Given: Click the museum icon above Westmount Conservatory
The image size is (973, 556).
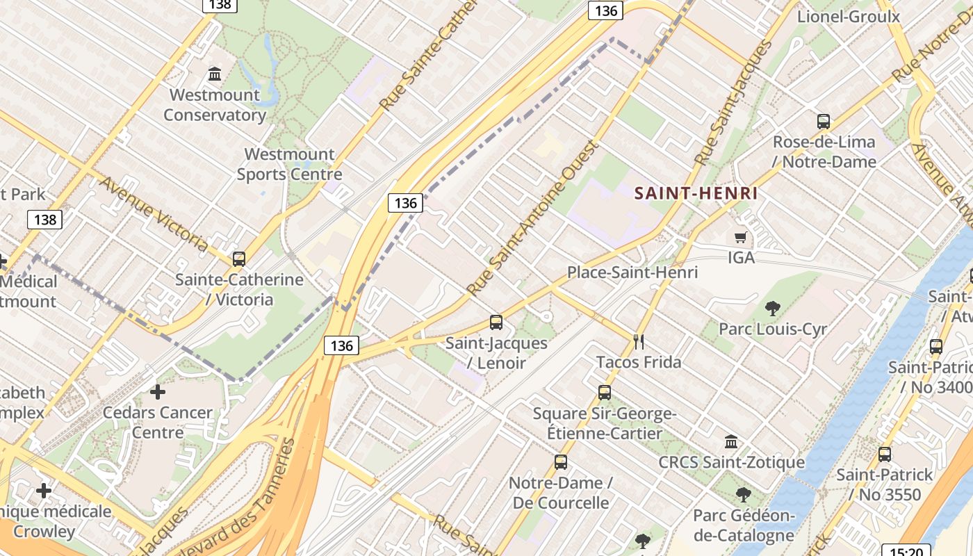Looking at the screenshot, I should point(215,73).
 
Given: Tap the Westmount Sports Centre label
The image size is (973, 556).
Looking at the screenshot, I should point(289,164).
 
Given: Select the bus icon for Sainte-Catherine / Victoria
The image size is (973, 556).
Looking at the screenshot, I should point(239,259).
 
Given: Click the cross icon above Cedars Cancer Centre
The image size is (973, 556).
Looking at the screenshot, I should point(158,392).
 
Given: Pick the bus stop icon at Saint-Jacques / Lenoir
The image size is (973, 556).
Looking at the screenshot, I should point(496,322).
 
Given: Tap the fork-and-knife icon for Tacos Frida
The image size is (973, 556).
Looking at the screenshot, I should point(639,341).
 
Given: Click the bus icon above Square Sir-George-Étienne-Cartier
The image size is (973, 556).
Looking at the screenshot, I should point(605,392).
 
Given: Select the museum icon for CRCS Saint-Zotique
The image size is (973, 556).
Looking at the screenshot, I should point(731,441).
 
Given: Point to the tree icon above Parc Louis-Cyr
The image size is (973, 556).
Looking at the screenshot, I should point(772,309).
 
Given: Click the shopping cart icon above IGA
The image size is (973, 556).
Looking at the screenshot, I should point(741,238).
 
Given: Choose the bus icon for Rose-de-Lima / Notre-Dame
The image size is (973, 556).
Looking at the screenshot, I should point(824,122).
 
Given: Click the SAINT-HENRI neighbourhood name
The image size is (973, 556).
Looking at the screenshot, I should point(696,193).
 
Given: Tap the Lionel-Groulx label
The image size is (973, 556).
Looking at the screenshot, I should point(849,17).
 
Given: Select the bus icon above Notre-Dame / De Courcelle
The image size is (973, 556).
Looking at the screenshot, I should point(560,462).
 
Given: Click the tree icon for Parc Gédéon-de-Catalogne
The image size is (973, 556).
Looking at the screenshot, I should point(743,495).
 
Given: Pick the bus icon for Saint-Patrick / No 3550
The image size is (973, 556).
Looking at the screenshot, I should point(884,455).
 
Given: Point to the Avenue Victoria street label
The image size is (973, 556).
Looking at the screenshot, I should point(154,214).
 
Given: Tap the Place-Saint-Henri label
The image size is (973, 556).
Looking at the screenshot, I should point(632,272).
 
